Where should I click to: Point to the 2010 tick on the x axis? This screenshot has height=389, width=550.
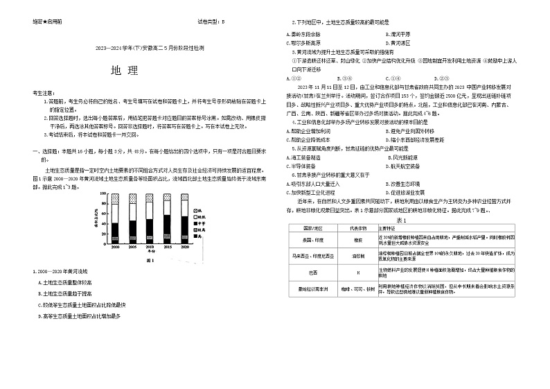(150, 247)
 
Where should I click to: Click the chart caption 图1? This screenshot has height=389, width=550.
(150, 261)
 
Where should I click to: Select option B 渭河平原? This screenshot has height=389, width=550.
(402, 33)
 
